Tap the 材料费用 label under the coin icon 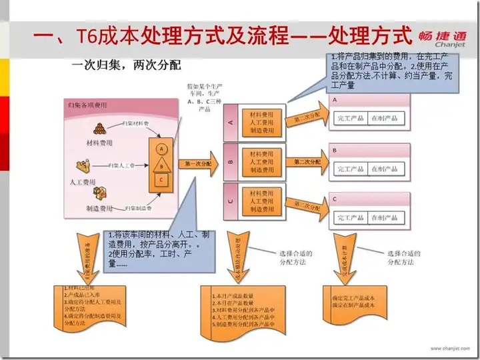[99, 143]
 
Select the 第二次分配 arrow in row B [307, 161]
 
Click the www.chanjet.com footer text [448, 348]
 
